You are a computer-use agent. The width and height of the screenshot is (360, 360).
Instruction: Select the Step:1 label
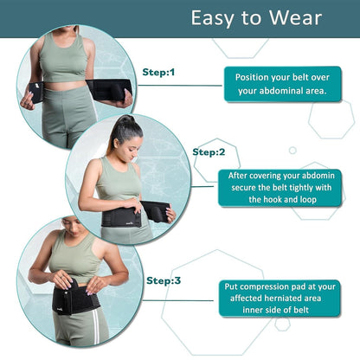point(158,73)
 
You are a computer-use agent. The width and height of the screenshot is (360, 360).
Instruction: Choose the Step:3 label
point(164,280)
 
